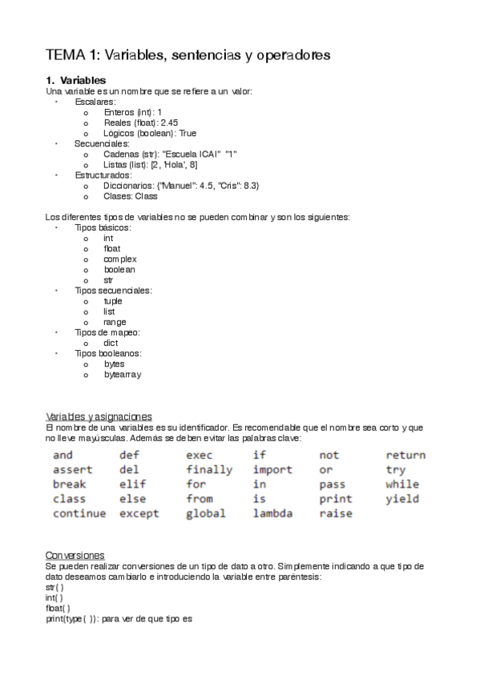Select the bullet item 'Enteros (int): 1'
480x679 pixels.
133,112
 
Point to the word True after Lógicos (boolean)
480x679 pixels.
188,133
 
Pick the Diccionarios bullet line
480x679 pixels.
181,185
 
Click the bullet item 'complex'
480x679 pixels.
119,259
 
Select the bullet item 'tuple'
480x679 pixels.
113,301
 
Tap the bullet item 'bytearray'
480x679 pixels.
123,374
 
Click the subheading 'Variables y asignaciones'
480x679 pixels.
99,416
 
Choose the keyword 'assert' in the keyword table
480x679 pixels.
72,470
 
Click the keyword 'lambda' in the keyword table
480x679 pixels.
273,514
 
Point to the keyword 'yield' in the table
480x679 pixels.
402,499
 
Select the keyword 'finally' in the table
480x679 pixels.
209,470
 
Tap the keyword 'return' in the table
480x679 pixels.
405,456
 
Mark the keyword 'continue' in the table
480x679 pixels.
79,514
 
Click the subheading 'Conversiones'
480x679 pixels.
75,555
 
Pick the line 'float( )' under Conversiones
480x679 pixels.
58,608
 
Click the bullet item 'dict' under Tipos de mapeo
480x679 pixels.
111,343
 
